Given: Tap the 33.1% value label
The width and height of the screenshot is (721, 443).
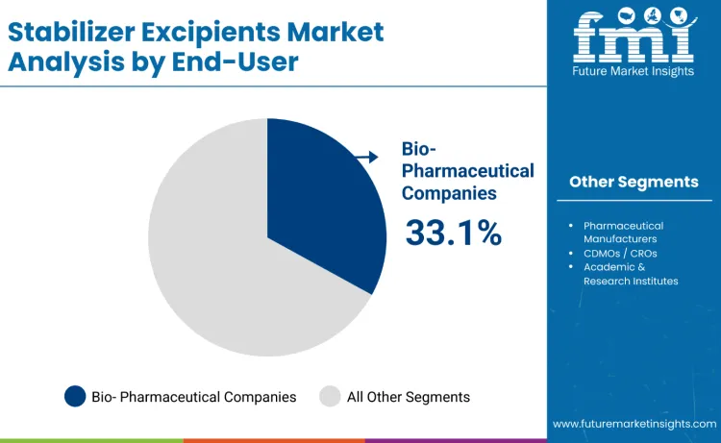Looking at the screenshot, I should click(453, 233).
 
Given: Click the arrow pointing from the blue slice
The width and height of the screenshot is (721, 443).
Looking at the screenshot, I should click(365, 157).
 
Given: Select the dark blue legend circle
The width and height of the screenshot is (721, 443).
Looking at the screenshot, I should click(75, 396).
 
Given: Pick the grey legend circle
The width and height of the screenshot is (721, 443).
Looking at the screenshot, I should click(330, 396).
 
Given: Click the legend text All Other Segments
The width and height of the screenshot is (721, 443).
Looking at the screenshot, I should click(409, 396).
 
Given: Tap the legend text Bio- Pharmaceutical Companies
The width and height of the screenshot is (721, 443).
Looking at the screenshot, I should click(193, 396).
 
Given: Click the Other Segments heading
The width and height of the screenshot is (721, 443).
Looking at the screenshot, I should click(634, 182).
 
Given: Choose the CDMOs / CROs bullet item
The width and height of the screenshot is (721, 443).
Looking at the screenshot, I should click(620, 253).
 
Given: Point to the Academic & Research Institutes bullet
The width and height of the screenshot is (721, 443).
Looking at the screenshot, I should click(630, 274).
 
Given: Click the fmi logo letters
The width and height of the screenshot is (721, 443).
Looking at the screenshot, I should click(633, 36).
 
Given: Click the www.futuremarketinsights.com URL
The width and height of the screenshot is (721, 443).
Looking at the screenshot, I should click(634, 424).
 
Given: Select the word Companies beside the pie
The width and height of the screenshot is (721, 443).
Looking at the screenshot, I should click(449, 192).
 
